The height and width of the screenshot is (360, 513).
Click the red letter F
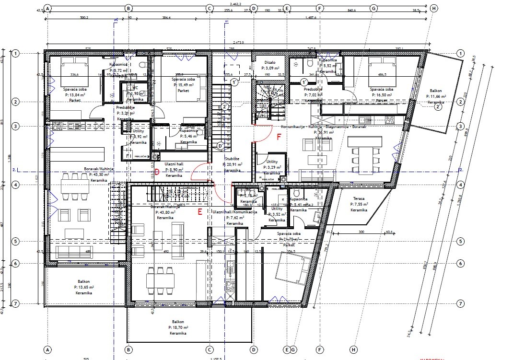click(x=279, y=137)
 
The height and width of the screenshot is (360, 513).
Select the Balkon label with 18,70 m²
click(x=177, y=322)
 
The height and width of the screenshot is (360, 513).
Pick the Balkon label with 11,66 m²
click(x=436, y=91)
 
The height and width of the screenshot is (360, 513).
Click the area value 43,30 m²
click(x=100, y=175)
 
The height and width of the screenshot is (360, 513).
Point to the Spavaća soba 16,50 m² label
click(x=382, y=90)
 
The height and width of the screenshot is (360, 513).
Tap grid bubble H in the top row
click(x=433, y=8)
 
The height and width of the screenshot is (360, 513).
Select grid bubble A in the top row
click(x=47, y=8)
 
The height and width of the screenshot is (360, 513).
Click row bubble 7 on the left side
click(x=15, y=303)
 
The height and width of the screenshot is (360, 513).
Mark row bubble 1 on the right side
click(x=460, y=53)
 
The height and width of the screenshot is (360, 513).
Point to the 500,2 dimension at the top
click(x=84, y=17)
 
